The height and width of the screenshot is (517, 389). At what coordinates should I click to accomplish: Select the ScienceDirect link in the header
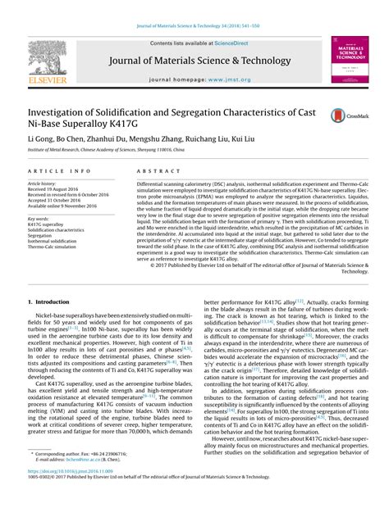227,43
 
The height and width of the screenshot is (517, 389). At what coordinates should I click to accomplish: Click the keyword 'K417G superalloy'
48,225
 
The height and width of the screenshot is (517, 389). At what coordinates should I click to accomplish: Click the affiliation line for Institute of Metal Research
123,152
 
